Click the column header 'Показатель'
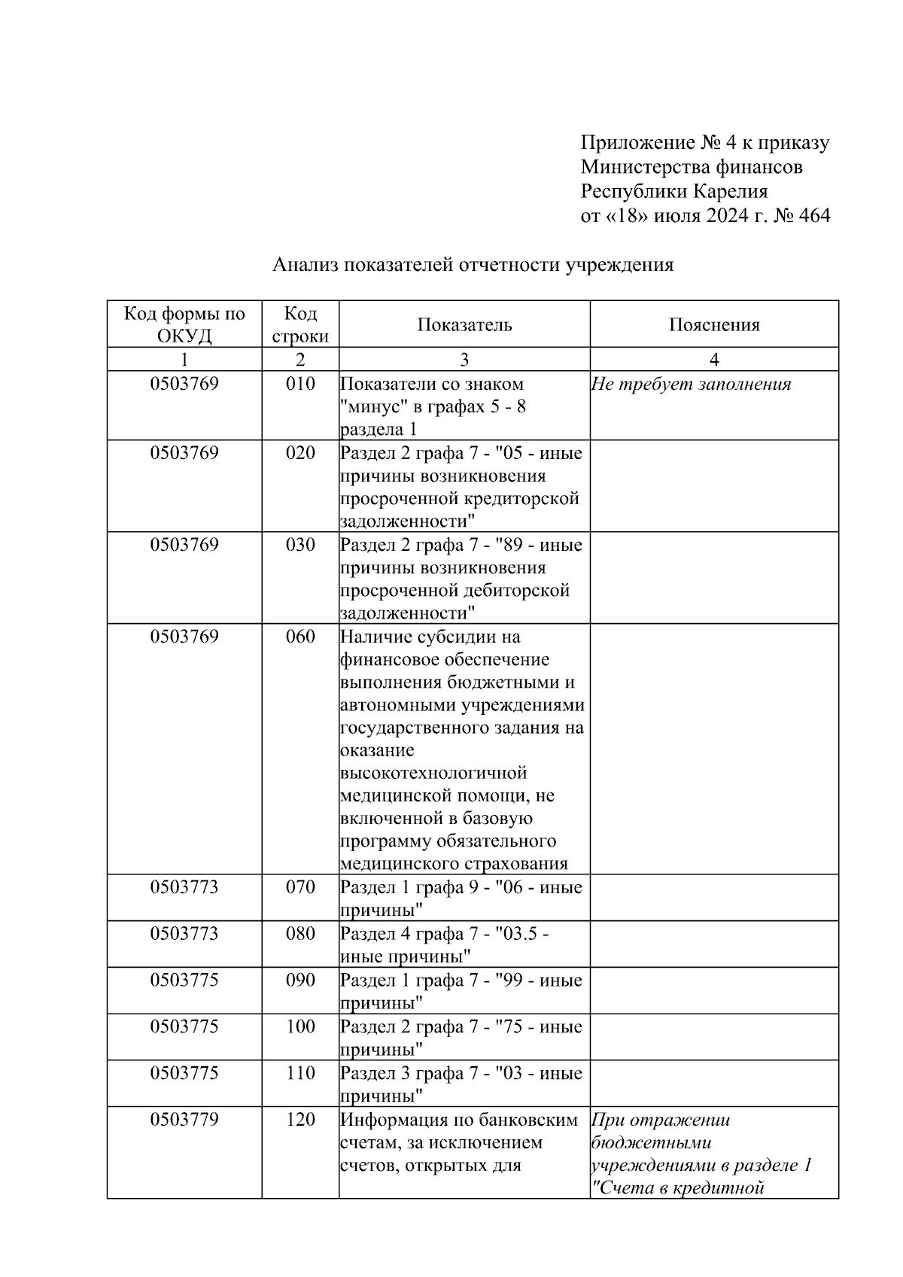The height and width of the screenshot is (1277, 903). click(464, 325)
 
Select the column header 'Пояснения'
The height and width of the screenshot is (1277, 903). click(714, 325)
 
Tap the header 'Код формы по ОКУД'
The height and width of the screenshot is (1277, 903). click(184, 324)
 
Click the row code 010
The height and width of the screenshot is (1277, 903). click(300, 384)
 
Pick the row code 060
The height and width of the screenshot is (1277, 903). click(300, 637)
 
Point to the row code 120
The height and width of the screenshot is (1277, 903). click(300, 1120)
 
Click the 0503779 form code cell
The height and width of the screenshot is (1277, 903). click(184, 1120)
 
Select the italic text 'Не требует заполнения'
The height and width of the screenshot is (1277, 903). click(691, 385)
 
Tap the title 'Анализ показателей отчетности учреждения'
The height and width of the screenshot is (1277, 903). click(473, 265)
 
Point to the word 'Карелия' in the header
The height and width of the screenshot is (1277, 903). click(730, 191)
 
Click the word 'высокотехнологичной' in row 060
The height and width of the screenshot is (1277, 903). click(433, 773)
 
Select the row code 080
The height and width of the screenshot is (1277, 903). click(300, 934)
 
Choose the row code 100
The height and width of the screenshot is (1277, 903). click(300, 1027)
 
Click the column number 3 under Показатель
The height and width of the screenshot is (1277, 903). click(464, 360)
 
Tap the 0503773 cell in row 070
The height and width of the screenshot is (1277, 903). click(184, 887)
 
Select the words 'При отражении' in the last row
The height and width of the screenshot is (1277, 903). click(661, 1120)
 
